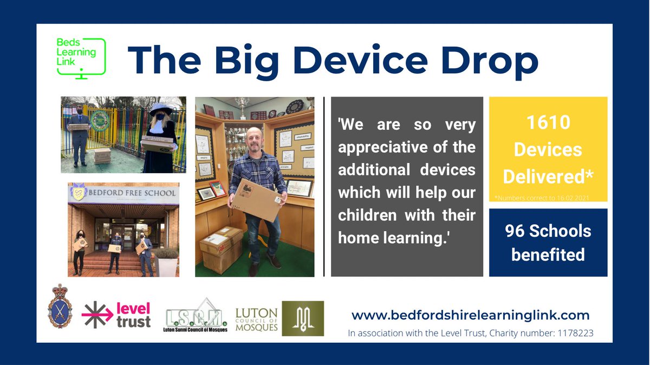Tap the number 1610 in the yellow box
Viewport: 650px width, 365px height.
pyautogui.click(x=548, y=123)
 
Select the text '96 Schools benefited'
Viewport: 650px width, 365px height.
pyautogui.click(x=548, y=242)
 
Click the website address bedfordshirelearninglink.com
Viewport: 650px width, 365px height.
pyautogui.click(x=470, y=315)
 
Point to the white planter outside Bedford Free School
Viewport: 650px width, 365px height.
pyautogui.click(x=167, y=265)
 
